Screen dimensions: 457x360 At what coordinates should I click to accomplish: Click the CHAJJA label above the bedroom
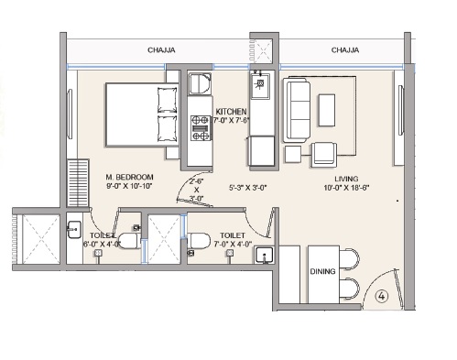161,50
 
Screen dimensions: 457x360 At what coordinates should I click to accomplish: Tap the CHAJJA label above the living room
345,50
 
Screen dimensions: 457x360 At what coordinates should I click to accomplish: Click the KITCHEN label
231,112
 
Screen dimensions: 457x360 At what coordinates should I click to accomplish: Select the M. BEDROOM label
129,177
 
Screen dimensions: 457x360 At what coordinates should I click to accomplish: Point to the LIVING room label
346,179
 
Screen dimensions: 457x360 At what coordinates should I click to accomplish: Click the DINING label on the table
322,271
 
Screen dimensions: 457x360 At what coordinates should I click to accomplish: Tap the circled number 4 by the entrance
382,296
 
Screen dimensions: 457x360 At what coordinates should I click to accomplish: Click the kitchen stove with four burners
201,128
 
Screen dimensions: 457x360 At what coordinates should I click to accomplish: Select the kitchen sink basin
260,86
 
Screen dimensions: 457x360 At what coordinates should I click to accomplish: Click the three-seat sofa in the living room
297,110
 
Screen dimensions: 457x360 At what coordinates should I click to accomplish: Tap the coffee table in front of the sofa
327,110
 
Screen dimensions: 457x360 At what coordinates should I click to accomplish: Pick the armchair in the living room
324,155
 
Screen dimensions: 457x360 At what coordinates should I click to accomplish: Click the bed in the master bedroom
142,115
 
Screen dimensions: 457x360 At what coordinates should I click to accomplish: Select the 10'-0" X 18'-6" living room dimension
346,188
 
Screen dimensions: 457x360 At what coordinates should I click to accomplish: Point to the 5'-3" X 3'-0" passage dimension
248,188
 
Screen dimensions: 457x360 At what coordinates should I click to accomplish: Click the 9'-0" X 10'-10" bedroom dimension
129,186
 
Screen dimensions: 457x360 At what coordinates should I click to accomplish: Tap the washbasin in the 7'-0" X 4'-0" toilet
264,256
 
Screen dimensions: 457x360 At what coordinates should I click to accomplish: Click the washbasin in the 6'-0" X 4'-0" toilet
74,229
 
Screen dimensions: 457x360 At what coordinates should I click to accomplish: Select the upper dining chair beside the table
350,259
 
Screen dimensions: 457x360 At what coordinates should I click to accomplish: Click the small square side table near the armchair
293,154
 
